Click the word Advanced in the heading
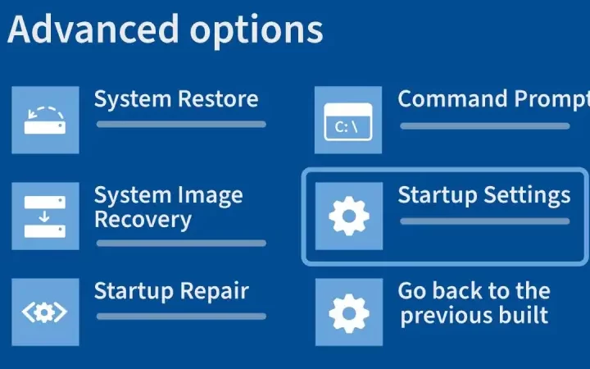(90, 30)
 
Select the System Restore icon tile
(45, 120)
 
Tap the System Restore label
(176, 100)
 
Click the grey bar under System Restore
(181, 125)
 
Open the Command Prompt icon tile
(348, 120)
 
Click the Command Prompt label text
(492, 100)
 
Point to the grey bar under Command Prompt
(484, 125)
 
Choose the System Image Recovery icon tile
(45, 216)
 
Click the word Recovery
(143, 220)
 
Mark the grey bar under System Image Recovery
(181, 243)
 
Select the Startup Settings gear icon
(348, 216)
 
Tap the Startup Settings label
(483, 195)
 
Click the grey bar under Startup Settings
(484, 221)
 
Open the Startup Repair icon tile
(45, 312)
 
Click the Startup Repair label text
(171, 291)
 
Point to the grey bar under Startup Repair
(181, 316)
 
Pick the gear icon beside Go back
(348, 312)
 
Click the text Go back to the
(474, 291)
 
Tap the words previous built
(474, 315)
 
